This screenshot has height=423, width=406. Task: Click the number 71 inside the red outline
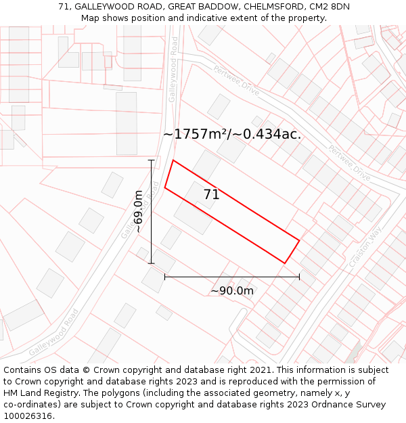[x=211, y=195]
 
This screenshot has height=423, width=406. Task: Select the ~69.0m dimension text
[x=138, y=212]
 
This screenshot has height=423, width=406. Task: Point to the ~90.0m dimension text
[x=232, y=291]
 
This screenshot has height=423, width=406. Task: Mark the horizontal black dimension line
[x=231, y=277]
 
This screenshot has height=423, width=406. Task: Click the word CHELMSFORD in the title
[x=266, y=6]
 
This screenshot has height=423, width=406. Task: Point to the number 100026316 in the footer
[x=28, y=416]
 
